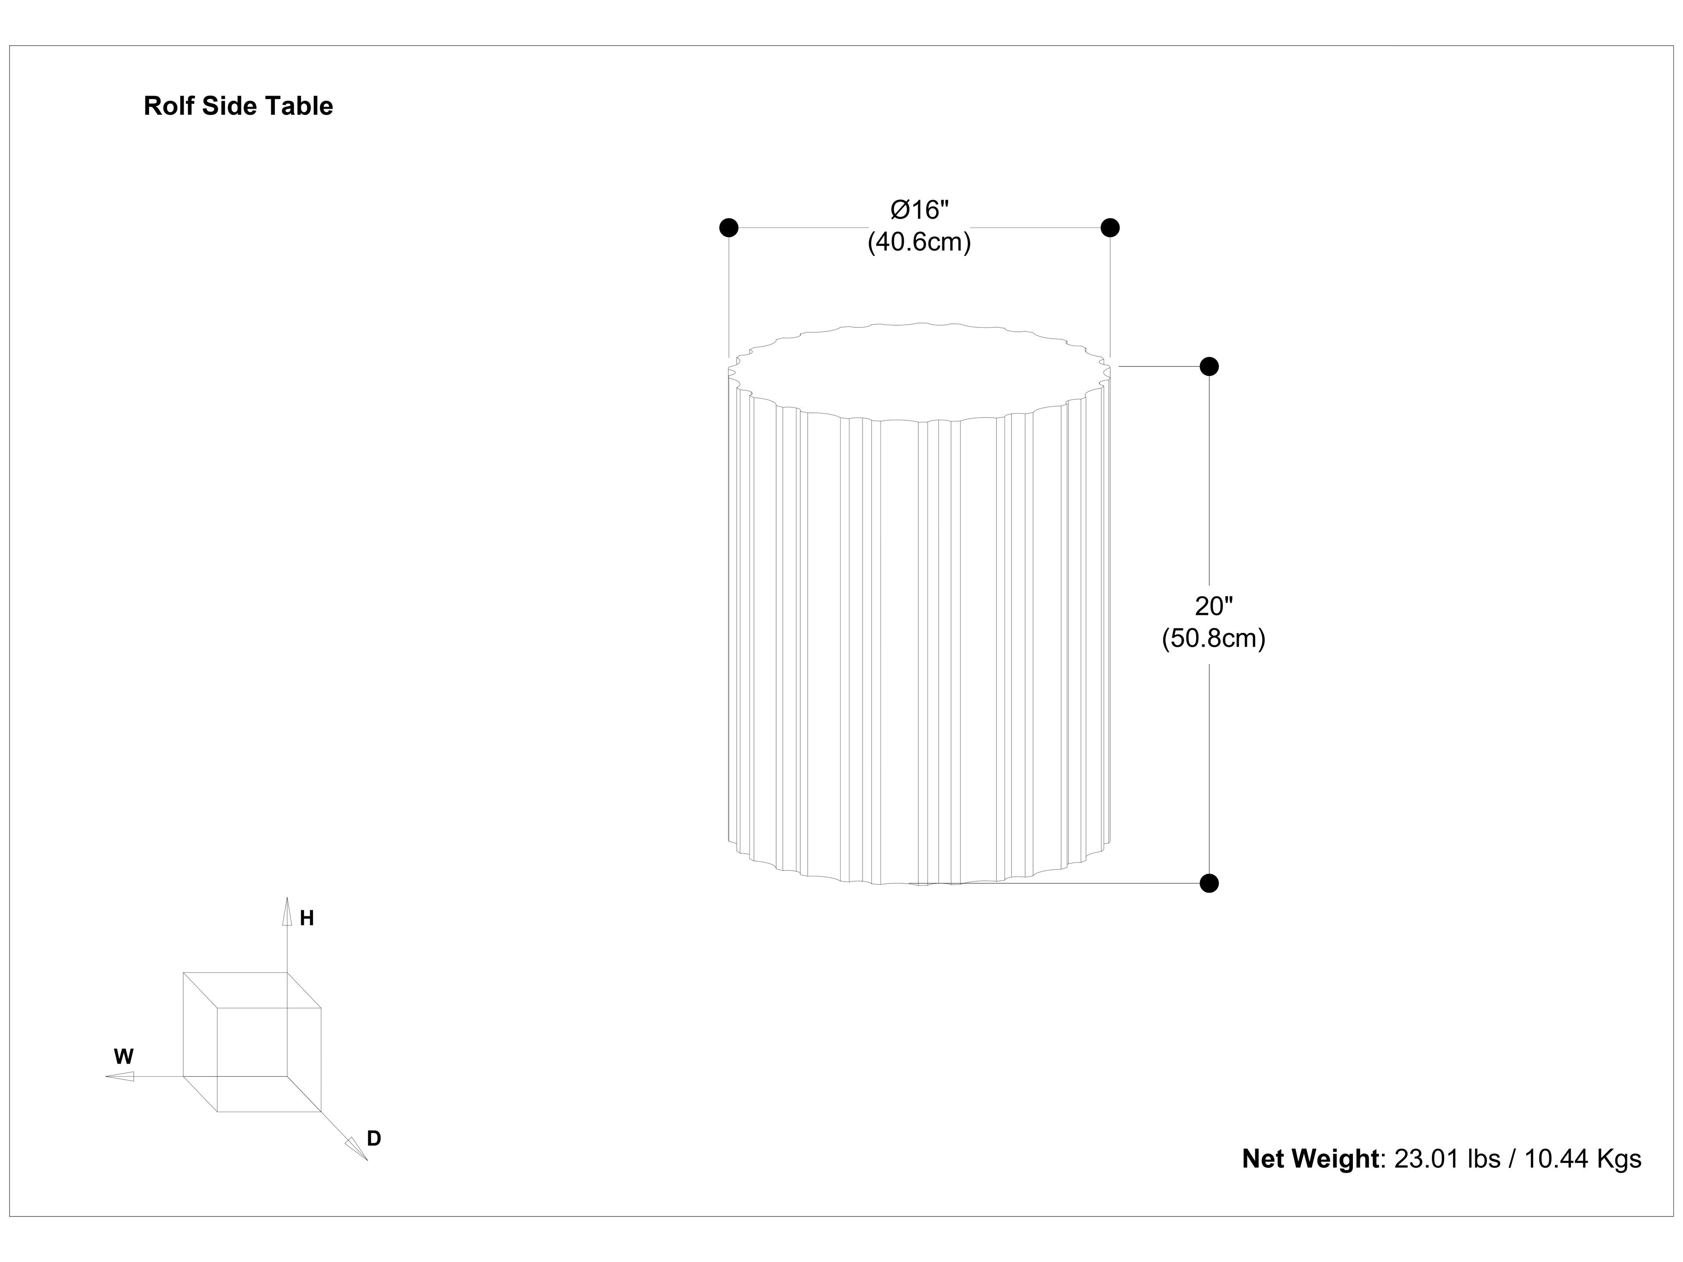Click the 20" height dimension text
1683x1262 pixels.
click(x=1213, y=606)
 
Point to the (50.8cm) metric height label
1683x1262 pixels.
click(x=1213, y=638)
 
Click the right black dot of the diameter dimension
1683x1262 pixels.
click(x=1110, y=227)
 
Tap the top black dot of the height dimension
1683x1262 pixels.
click(x=1209, y=367)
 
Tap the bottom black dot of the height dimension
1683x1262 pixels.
click(x=1209, y=883)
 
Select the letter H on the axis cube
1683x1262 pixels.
click(x=307, y=919)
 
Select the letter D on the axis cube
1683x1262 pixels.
click(x=373, y=1139)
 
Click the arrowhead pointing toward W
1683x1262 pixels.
click(x=120, y=1076)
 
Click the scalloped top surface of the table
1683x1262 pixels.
click(x=919, y=371)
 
